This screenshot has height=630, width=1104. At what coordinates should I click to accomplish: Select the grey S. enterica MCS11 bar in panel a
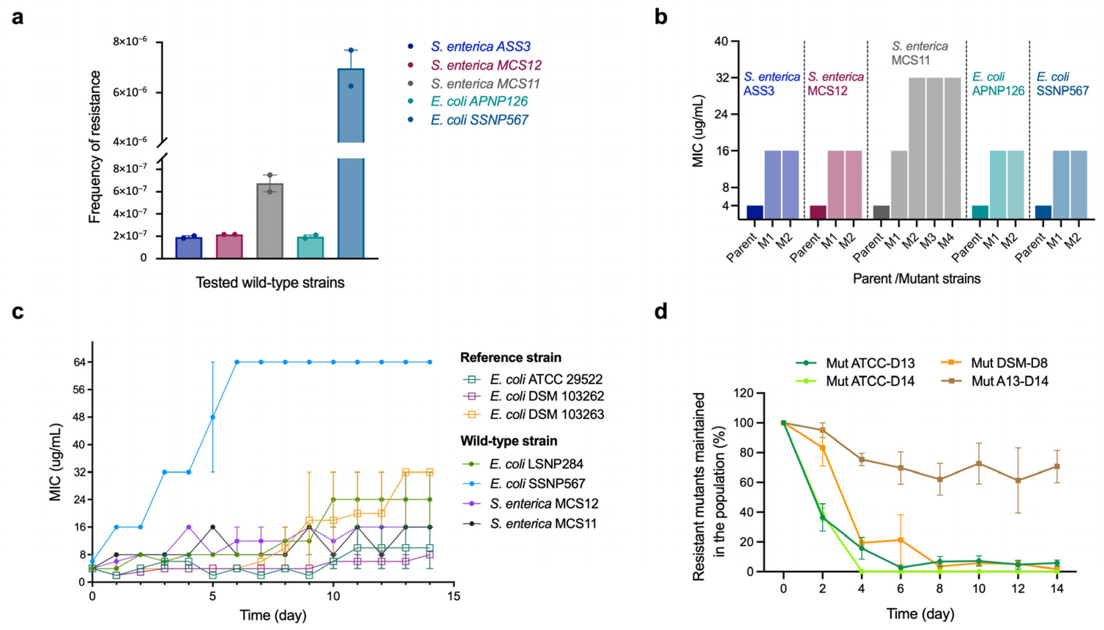(270, 221)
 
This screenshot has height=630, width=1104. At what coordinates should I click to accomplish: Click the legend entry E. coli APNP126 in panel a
(479, 101)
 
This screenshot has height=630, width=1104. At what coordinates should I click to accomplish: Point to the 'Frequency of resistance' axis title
(95, 147)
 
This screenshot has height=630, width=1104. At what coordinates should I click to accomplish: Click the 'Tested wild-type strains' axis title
(270, 283)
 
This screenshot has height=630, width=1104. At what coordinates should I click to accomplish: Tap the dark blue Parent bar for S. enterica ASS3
(755, 212)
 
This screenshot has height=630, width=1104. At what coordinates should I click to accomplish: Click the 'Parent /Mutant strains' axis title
(917, 278)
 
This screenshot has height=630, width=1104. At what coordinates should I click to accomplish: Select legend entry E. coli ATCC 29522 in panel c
(546, 380)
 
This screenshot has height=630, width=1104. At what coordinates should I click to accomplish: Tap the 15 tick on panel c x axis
(454, 597)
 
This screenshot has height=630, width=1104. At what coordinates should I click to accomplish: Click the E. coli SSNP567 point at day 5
(213, 417)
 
